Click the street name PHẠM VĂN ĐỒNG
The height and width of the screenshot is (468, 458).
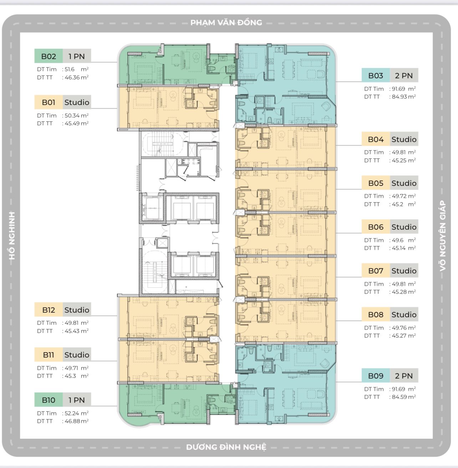tap(226, 22)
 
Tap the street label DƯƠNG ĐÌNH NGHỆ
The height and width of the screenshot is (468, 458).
tap(226, 447)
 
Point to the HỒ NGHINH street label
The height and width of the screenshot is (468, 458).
tap(12, 236)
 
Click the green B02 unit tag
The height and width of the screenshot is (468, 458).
tap(49, 56)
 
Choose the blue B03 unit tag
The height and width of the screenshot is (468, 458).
tap(376, 76)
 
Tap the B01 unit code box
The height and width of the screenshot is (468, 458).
tap(49, 102)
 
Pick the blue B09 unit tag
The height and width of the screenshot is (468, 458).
tap(376, 376)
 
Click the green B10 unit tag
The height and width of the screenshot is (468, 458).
tap(49, 400)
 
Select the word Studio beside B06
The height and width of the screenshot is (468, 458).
tap(404, 227)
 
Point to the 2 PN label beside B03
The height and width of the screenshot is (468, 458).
tap(404, 76)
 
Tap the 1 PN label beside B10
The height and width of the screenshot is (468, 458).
tap(77, 400)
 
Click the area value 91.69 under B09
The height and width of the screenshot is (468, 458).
tap(398, 389)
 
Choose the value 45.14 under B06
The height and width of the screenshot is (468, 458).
tap(398, 248)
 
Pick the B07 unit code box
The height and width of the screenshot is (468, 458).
tap(376, 271)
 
